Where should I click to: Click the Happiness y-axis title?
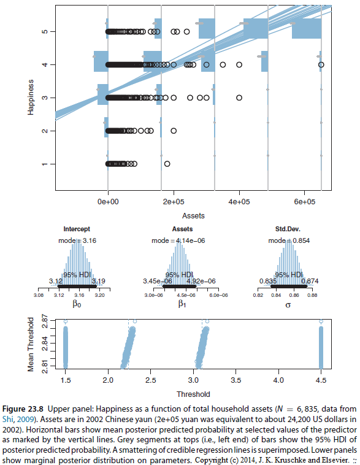[29, 97]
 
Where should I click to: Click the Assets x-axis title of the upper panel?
[193, 216]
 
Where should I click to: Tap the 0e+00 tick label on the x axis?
[108, 202]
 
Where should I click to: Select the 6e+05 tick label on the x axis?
[305, 202]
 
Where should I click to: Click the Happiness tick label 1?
[46, 164]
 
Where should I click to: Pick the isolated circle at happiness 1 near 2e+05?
[167, 164]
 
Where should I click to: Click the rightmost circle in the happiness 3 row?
[239, 98]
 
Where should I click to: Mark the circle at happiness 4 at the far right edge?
[321, 64]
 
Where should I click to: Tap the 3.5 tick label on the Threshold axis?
[236, 381]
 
